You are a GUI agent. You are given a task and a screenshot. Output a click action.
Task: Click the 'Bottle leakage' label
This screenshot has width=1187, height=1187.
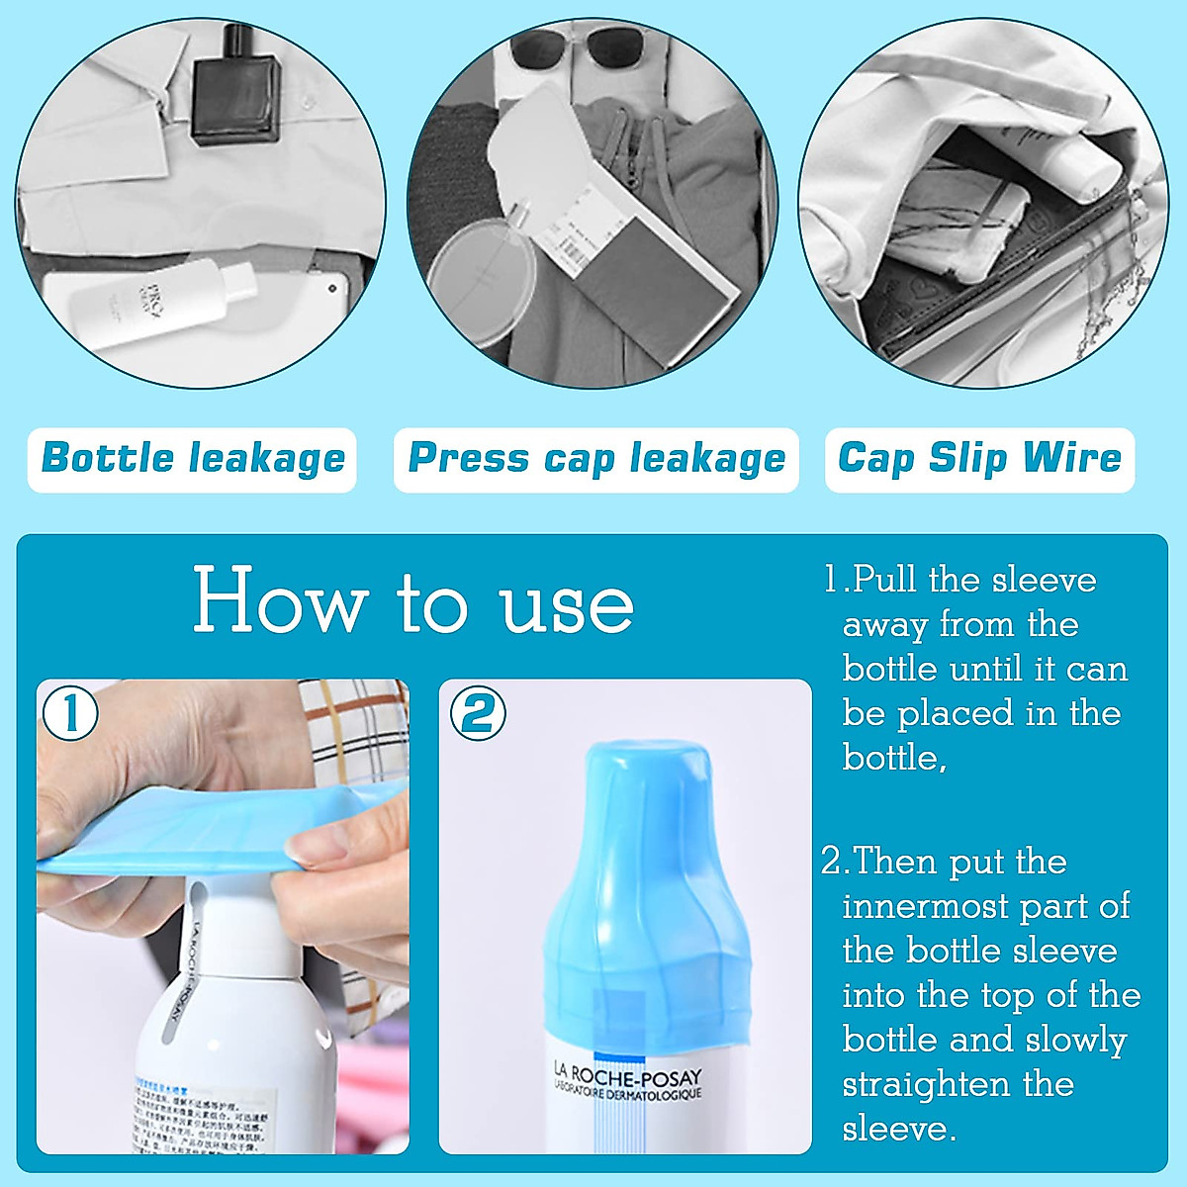(193, 459)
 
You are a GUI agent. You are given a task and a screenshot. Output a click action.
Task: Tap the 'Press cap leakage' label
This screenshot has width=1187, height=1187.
(596, 459)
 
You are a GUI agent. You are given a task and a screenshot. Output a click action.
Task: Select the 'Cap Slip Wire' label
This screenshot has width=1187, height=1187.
(979, 459)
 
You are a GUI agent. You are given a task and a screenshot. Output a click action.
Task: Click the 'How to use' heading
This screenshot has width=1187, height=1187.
(413, 600)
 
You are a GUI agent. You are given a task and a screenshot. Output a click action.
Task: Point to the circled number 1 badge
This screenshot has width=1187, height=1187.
(68, 712)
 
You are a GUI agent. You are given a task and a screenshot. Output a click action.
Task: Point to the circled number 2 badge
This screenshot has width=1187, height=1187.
(478, 712)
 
